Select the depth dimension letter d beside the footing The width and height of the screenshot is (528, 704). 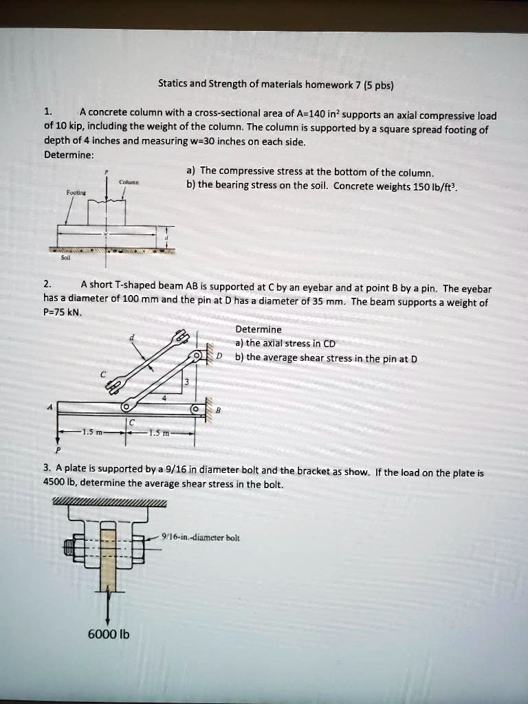tap(166, 238)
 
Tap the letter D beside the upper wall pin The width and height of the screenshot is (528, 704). tap(219, 355)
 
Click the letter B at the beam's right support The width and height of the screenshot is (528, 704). tap(218, 410)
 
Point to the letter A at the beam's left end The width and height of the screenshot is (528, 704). tap(48, 406)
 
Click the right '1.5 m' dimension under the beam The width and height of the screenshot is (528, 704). tap(159, 432)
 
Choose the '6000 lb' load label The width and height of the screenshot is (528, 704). tap(107, 633)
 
